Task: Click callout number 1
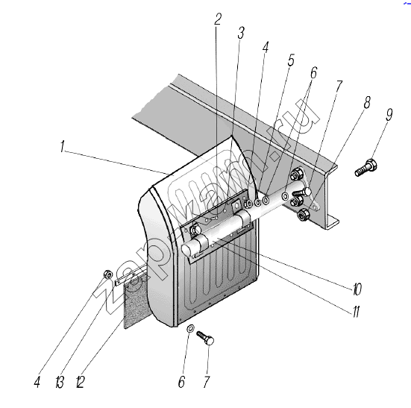point(62,146)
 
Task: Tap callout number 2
point(218,19)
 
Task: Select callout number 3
point(241,33)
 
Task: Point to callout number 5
point(291,60)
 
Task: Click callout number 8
point(367,102)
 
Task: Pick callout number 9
point(389,115)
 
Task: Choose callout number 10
point(357,289)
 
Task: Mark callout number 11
point(356,311)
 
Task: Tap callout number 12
point(81,382)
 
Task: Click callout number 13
point(60,382)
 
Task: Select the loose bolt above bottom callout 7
point(205,338)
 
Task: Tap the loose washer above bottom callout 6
point(190,327)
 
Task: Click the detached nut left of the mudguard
point(108,274)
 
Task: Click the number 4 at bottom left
point(37,382)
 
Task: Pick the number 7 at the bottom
point(207,382)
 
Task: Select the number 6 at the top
point(313,72)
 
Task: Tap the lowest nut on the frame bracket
point(303,215)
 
